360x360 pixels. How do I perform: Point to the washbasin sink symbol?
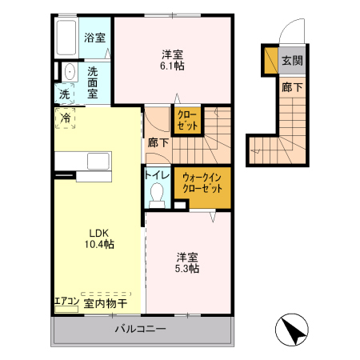69,70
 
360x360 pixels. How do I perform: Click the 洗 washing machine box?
64,94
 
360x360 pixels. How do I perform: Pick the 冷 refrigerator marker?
64,118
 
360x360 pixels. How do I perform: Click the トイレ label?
157,174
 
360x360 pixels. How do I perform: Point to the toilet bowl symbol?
157,194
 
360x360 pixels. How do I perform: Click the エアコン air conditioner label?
66,302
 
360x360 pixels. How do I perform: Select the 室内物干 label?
105,303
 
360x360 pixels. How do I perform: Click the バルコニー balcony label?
139,329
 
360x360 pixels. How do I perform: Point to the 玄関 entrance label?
291,60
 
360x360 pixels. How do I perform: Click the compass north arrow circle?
292,331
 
